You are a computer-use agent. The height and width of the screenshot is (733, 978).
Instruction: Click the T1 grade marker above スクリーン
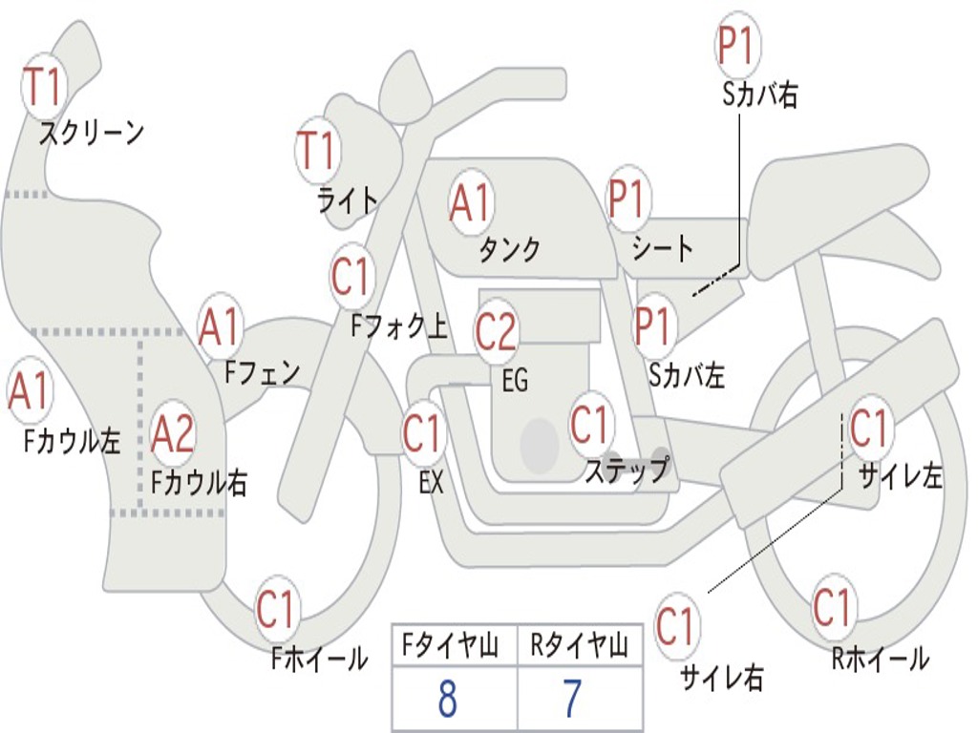click(x=42, y=87)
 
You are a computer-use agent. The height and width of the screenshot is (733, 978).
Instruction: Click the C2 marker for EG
click(x=496, y=331)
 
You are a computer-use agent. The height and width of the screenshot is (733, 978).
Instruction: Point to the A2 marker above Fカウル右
click(x=173, y=433)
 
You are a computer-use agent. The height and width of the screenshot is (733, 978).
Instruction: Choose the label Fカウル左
click(x=72, y=441)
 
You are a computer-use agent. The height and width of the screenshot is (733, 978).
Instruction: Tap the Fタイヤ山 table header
click(x=451, y=646)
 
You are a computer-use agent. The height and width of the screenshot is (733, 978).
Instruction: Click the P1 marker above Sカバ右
click(x=737, y=46)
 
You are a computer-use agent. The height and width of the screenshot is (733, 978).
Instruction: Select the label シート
click(x=663, y=247)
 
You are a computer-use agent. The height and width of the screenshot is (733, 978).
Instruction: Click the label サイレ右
click(x=721, y=677)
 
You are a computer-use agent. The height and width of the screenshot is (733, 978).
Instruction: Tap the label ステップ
click(x=627, y=469)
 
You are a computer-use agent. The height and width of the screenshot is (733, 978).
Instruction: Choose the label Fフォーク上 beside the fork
click(x=399, y=325)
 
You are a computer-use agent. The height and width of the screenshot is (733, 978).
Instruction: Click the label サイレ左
click(x=901, y=475)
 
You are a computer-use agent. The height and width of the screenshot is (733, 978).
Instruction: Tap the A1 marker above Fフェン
click(x=219, y=327)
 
